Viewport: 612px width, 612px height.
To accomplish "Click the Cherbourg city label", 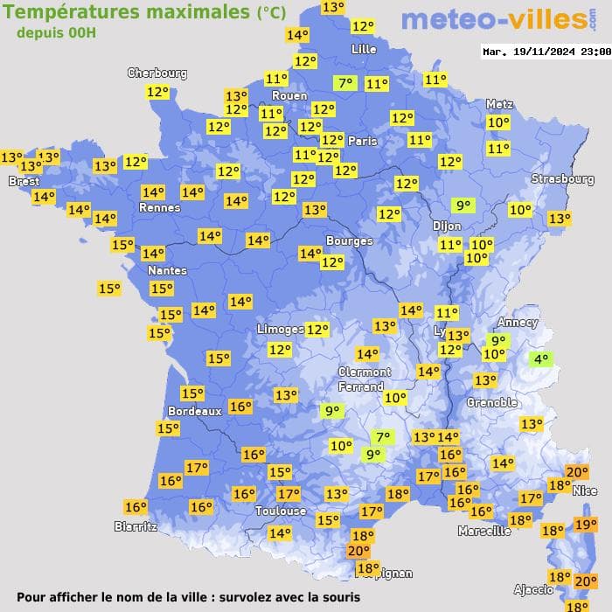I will pos(157,73).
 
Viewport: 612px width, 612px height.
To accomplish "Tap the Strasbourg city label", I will pos(562,179).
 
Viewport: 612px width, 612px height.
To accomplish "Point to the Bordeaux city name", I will pos(194,411).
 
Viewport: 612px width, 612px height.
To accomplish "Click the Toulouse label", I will pos(281,511).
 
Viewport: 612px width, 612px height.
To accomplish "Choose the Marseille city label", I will pos(484,531).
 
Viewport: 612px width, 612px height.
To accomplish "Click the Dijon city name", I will pos(446,225).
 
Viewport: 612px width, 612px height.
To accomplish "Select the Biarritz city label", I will pos(136,526).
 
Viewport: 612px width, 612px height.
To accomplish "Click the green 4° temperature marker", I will pos(541,358).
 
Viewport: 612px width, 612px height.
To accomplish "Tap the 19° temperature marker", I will pos(585,525).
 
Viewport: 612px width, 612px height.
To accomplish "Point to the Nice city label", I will pos(585,491).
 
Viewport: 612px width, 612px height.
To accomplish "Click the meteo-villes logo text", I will pos(494,20).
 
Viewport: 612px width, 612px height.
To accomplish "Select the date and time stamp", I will pos(546,52).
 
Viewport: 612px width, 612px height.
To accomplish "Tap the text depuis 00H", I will pos(56,32).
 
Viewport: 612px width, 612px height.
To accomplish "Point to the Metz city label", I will pos(499,104).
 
